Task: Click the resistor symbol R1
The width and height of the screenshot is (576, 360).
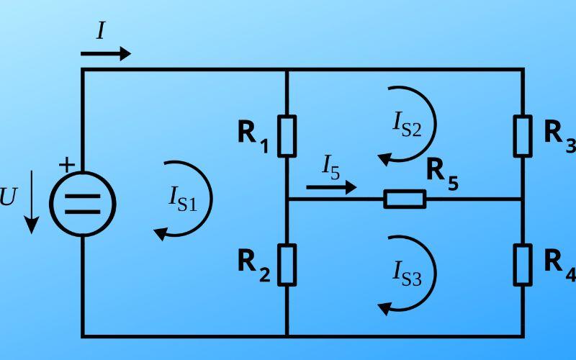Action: coord(287,135)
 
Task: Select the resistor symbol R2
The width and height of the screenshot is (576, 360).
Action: coord(287,264)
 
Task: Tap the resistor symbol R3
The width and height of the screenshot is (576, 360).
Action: coord(523,135)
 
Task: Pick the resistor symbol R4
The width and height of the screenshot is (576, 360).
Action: coord(523,264)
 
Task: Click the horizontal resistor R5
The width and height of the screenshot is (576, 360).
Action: coord(405,199)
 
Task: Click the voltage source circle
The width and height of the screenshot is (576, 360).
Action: coord(83,204)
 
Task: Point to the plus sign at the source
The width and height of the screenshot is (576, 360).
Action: coord(66,165)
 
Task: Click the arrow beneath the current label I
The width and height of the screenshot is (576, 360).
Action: coord(106,53)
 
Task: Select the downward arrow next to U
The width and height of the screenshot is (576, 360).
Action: coord(31,205)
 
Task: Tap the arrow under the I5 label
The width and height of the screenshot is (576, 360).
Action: coord(331,187)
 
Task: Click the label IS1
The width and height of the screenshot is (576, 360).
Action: coord(182,198)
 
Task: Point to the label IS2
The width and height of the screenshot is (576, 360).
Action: coord(406,124)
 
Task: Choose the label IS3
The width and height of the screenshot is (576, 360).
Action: coord(407,273)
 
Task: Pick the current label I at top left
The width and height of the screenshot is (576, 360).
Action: coord(101,31)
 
